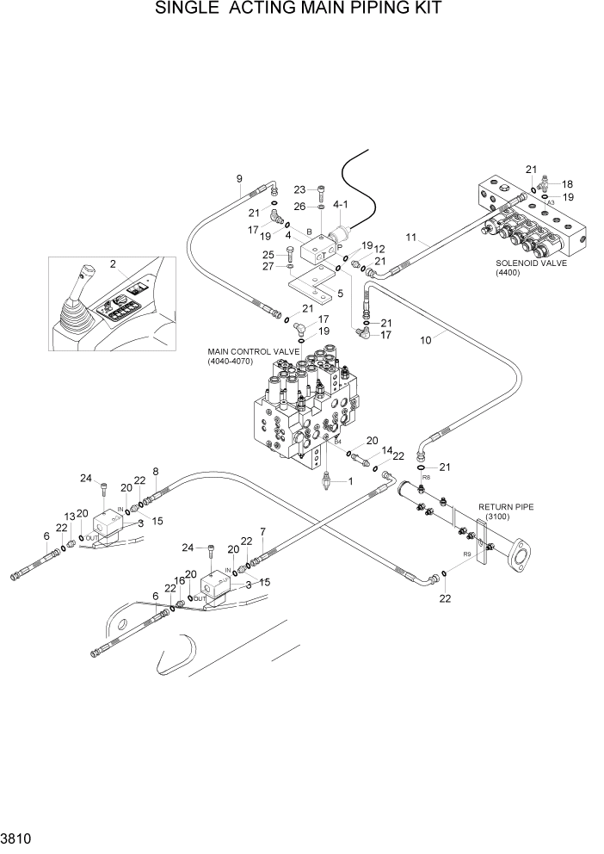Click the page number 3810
click(x=15, y=838)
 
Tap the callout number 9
click(x=239, y=179)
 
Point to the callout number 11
click(x=410, y=237)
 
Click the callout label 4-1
click(x=340, y=205)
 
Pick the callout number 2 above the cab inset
click(x=112, y=263)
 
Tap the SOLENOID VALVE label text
click(x=531, y=263)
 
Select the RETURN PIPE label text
click(x=506, y=507)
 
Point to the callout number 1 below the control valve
click(x=351, y=481)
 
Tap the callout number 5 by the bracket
click(x=340, y=294)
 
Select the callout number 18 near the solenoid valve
click(x=567, y=184)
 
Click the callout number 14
click(x=387, y=450)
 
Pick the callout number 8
click(x=155, y=471)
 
